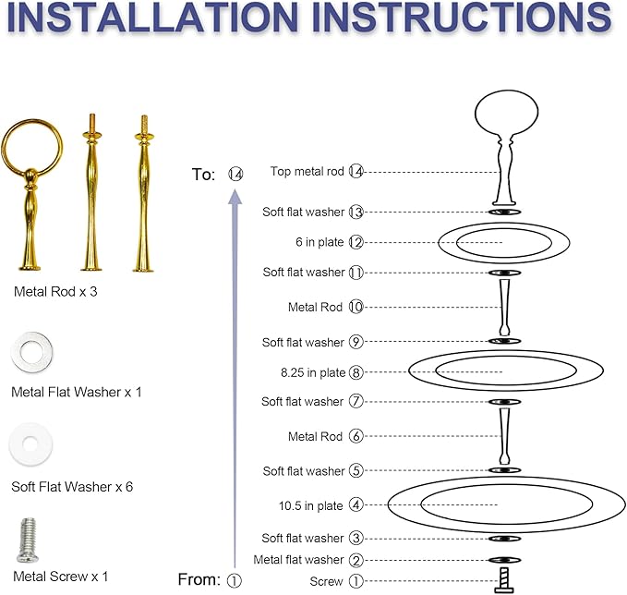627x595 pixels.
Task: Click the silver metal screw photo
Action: tap(27, 540)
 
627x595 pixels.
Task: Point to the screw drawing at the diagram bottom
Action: tap(504, 580)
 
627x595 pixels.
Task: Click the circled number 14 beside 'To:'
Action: tap(235, 174)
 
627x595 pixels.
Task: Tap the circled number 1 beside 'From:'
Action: tap(235, 580)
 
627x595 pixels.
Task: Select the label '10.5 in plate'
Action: tap(310, 505)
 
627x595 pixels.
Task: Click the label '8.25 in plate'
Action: tap(313, 372)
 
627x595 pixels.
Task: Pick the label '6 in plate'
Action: tap(320, 242)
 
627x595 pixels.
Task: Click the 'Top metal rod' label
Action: tap(307, 171)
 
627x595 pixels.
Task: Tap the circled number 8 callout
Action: tap(356, 372)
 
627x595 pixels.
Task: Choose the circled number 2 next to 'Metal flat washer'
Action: tap(356, 560)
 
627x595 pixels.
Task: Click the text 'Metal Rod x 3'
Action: tap(55, 291)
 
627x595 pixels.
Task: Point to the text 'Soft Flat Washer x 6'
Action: tap(72, 487)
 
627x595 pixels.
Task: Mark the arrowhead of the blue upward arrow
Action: tap(235, 198)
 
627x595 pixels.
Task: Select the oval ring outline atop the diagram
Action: tap(476, 114)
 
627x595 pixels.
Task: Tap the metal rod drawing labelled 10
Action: tap(504, 308)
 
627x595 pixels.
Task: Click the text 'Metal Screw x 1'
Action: tap(60, 577)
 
